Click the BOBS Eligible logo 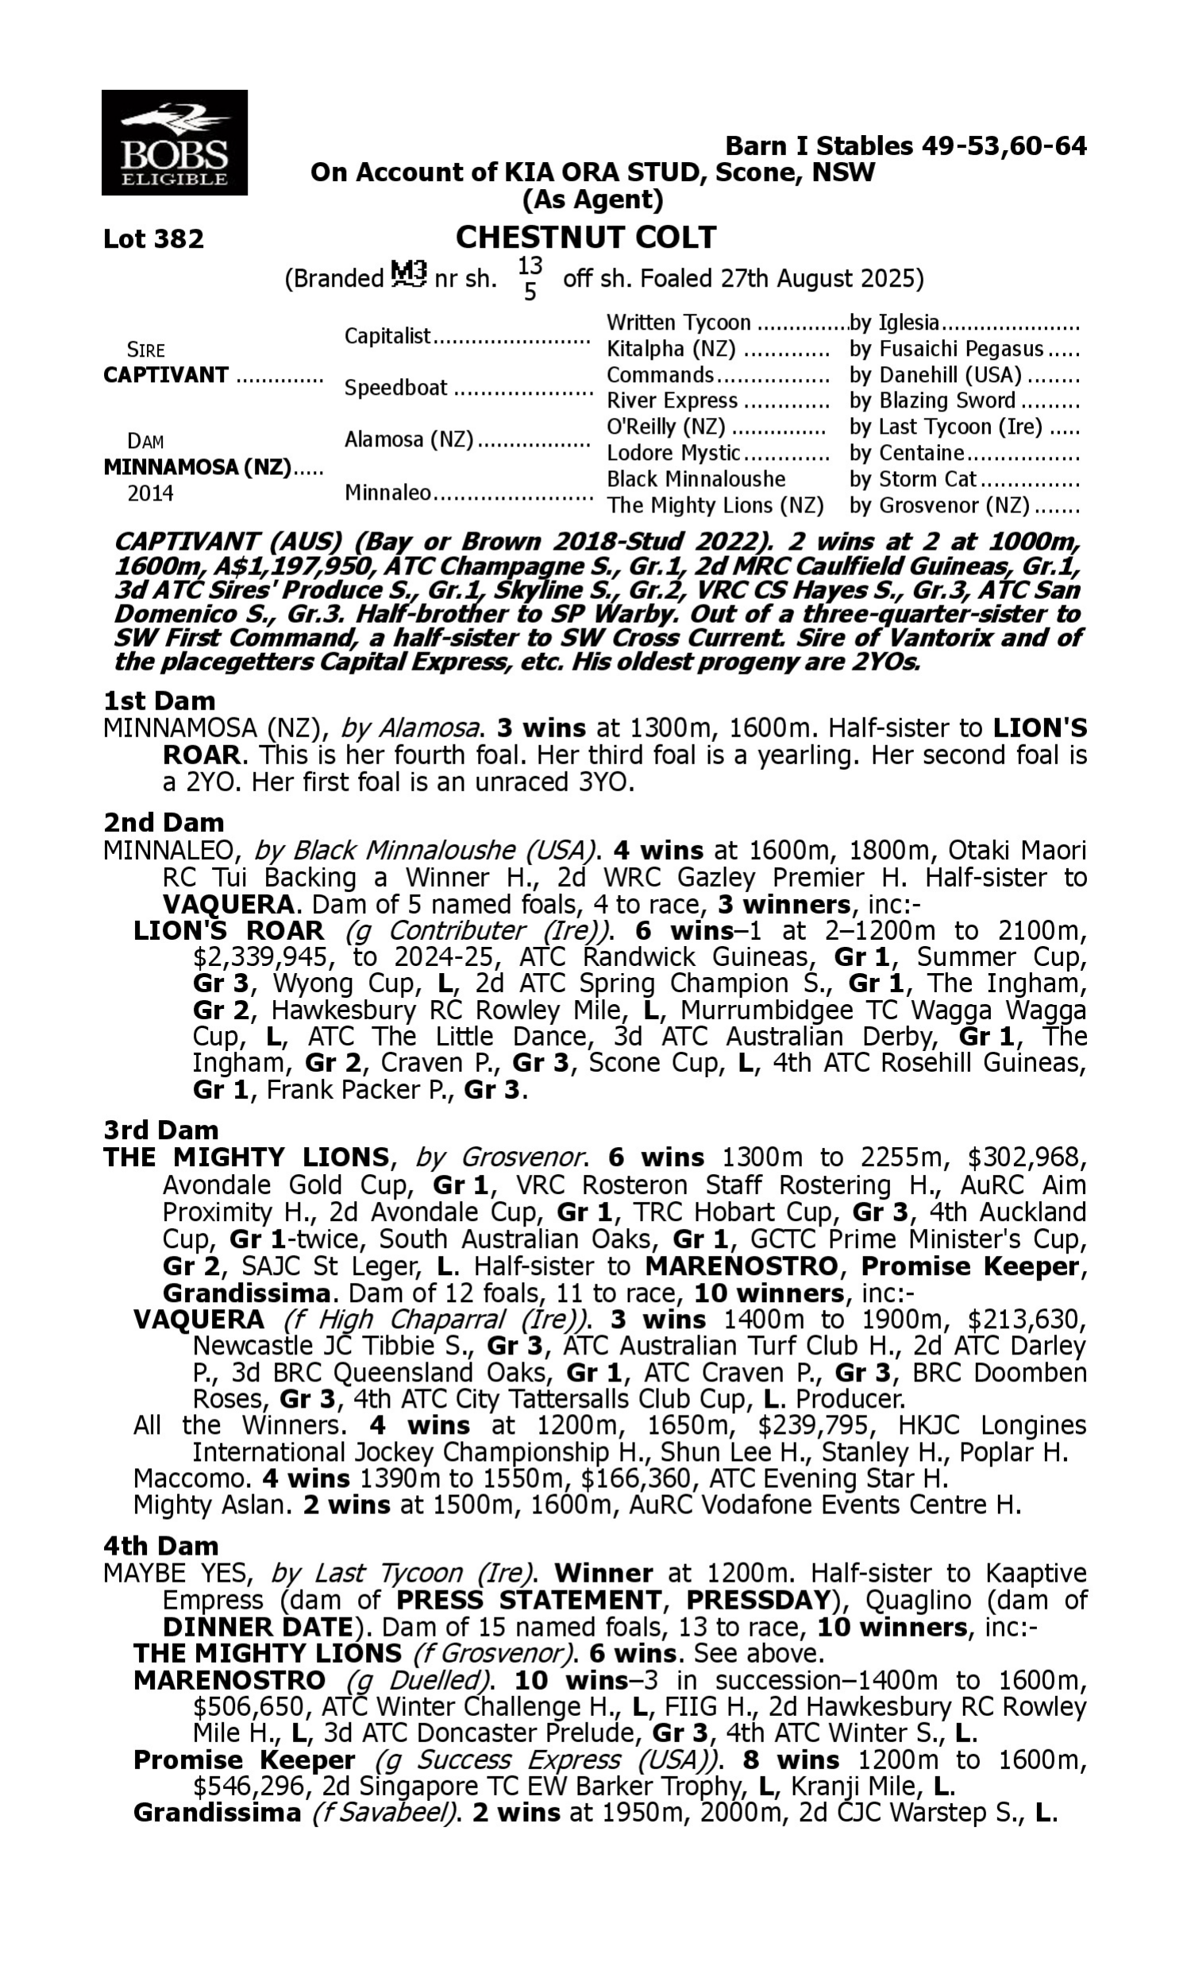tap(174, 142)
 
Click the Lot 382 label tap(153, 239)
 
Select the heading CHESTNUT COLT tap(586, 238)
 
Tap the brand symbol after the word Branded tap(408, 276)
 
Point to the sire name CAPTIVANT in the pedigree tap(166, 376)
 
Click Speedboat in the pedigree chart tap(395, 388)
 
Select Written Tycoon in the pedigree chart tap(678, 323)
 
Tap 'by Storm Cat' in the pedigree tap(912, 479)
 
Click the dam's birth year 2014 tap(151, 493)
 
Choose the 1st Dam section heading tap(159, 701)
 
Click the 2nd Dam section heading tap(164, 823)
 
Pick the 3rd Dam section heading tap(160, 1130)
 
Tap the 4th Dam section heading tap(161, 1545)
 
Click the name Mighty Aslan tap(211, 1505)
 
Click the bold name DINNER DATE tap(256, 1626)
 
